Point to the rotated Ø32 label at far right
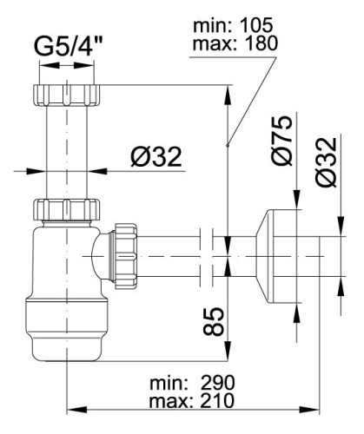point(328,162)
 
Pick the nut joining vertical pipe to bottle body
point(67,209)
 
